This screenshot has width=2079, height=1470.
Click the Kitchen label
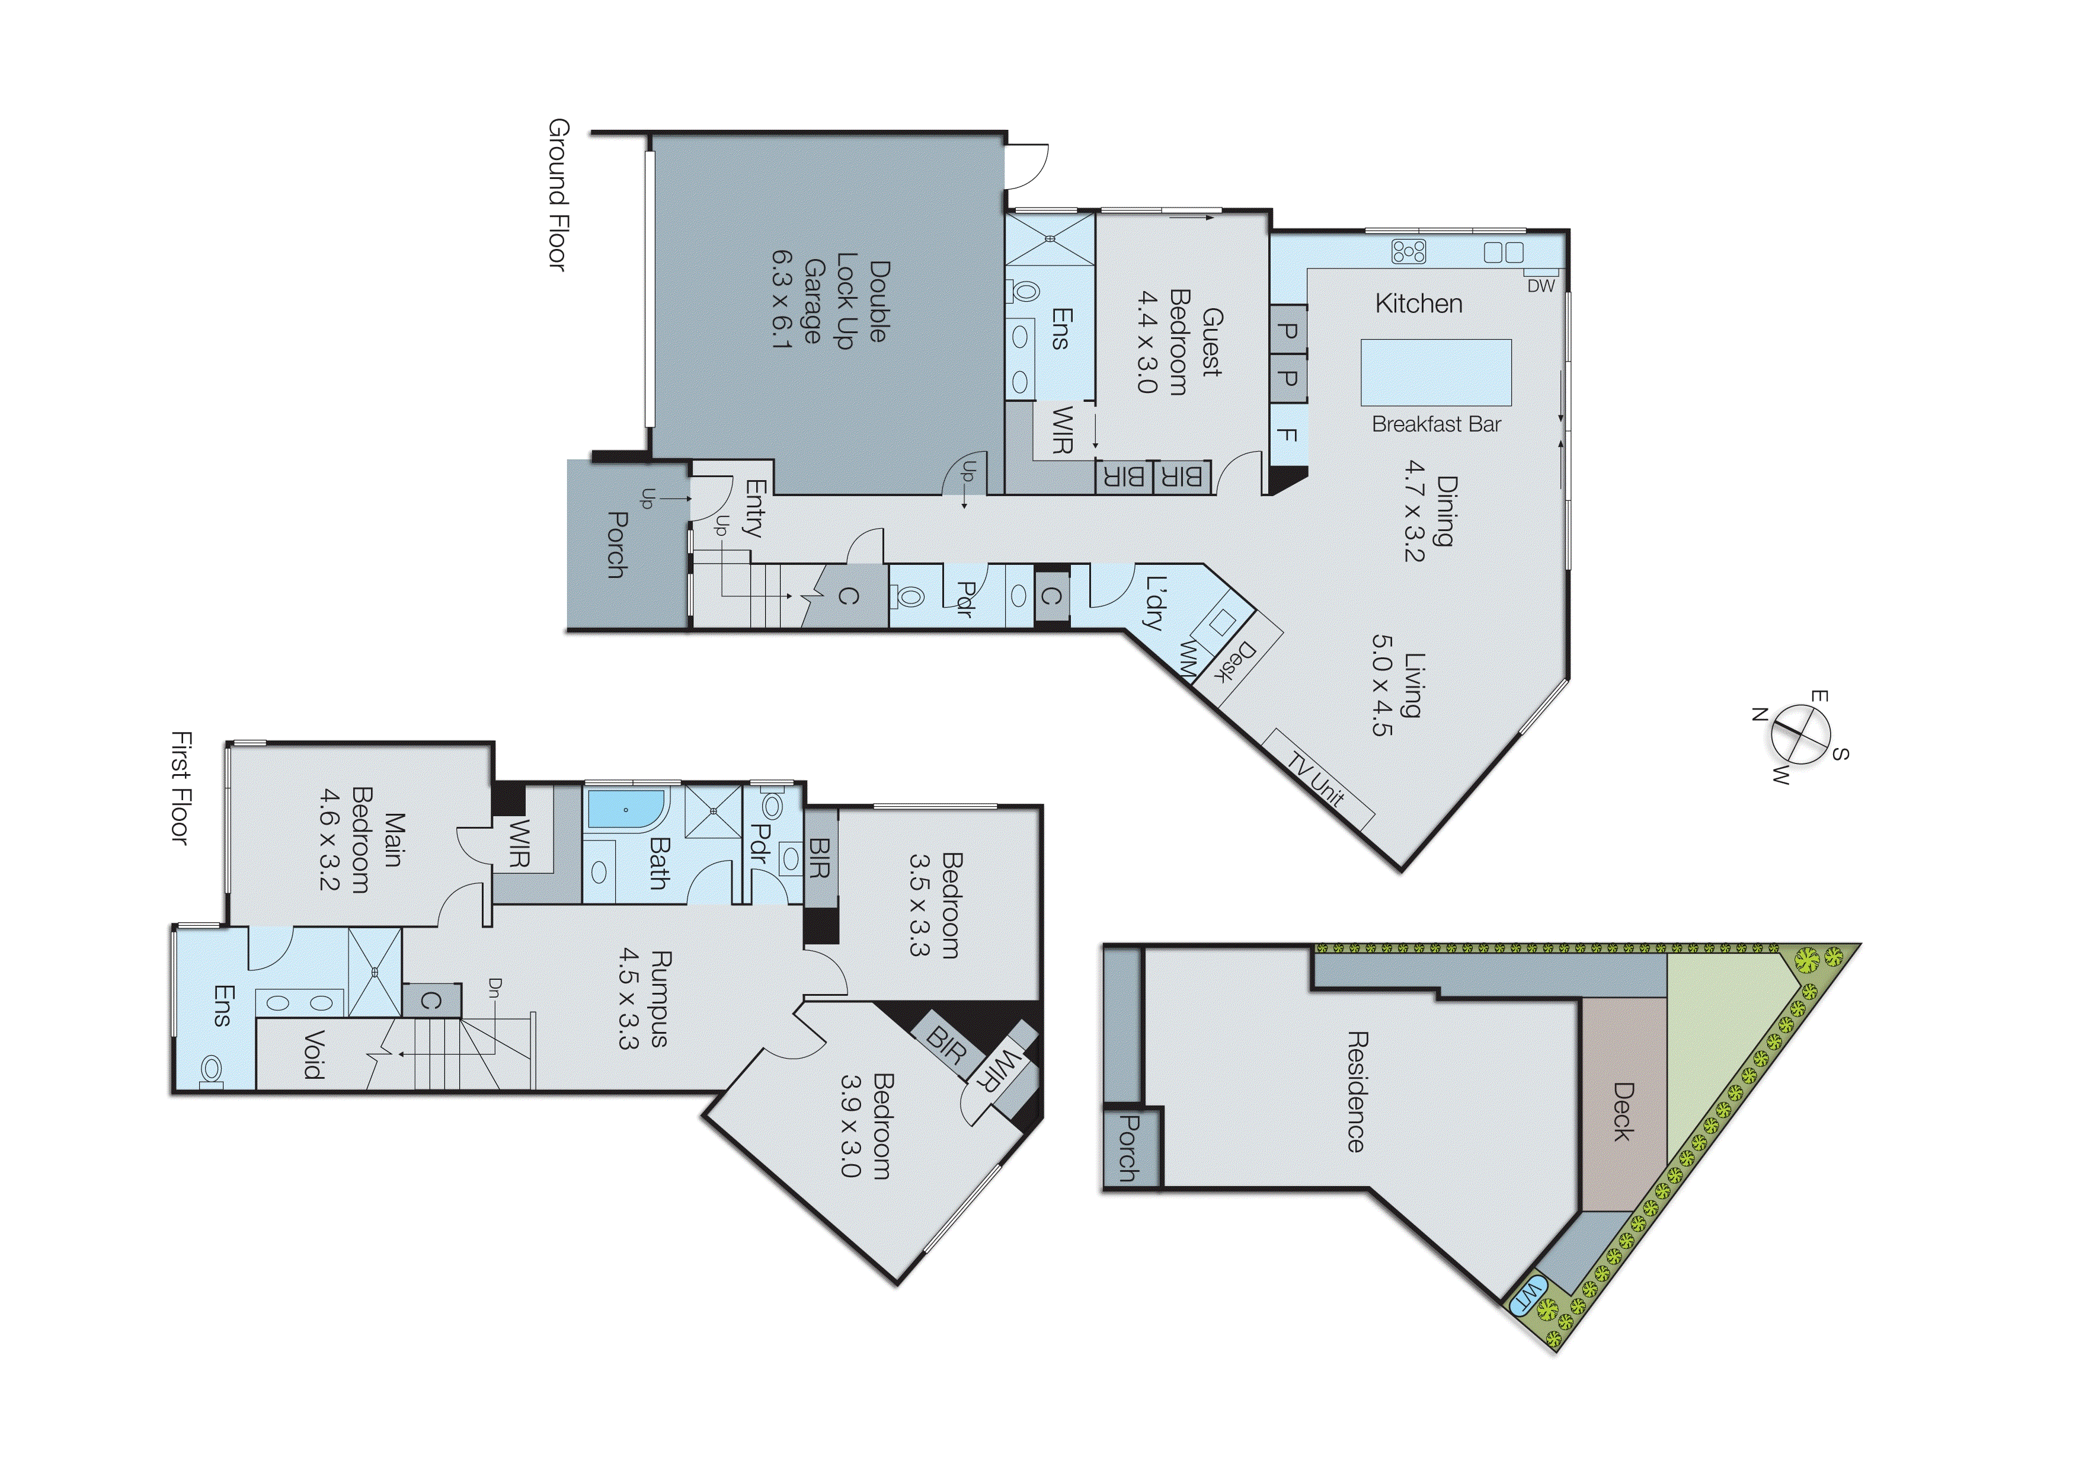point(1418,303)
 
